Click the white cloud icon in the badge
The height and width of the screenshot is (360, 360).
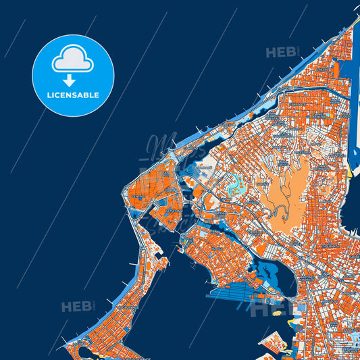[72, 60]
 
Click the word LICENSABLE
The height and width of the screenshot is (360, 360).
[72, 95]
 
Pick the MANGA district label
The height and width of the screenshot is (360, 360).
[217, 249]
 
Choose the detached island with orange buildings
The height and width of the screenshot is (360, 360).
[277, 345]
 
